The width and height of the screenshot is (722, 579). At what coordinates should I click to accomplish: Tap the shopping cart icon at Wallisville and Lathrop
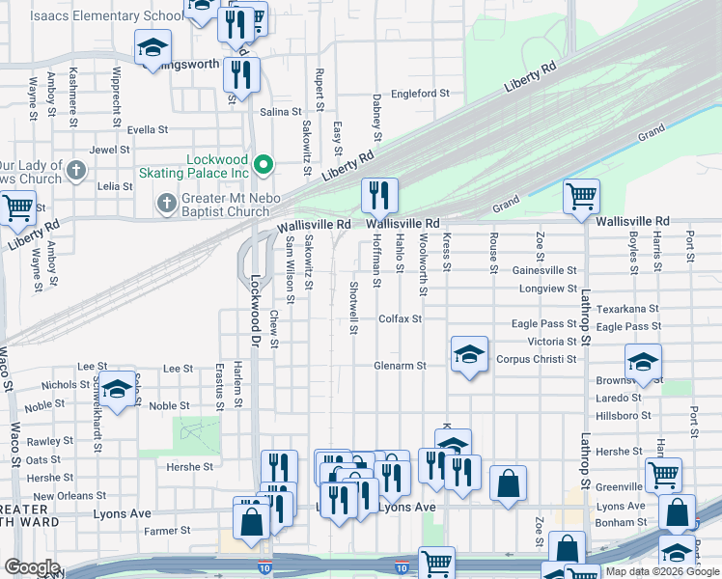(x=582, y=196)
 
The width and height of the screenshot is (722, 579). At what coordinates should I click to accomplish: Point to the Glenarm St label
(x=401, y=366)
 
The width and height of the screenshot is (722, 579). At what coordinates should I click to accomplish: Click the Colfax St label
(x=401, y=318)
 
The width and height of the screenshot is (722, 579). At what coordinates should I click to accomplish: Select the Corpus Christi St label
(x=536, y=359)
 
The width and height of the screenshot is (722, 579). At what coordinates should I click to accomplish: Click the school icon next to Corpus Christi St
(x=469, y=355)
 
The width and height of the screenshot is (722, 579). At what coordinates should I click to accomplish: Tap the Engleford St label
(x=421, y=94)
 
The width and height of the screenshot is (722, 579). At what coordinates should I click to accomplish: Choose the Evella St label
(x=148, y=128)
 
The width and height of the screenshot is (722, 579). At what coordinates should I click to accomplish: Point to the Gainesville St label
(x=544, y=271)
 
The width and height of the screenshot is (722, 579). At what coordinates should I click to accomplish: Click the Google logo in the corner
(x=31, y=567)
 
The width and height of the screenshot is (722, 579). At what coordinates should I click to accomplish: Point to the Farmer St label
(x=166, y=531)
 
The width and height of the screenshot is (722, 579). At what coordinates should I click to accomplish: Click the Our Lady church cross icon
(x=78, y=172)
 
